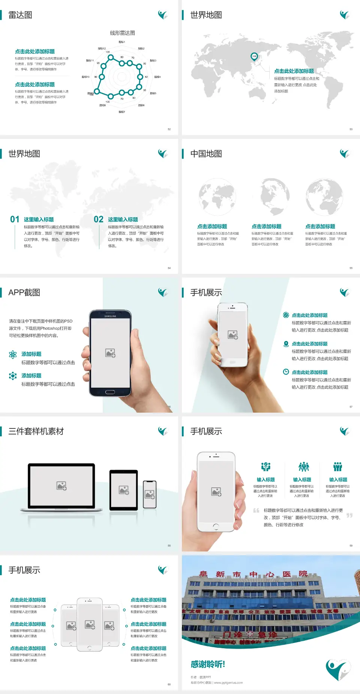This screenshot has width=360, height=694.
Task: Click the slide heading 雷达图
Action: tap(20, 15)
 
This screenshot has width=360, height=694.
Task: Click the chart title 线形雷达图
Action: tap(122, 33)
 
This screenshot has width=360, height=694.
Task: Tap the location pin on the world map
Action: tap(254, 57)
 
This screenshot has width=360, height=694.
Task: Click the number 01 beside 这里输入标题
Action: tap(15, 219)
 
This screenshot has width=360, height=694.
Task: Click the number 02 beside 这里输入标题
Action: tap(99, 219)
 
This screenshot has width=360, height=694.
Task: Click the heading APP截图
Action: tap(24, 293)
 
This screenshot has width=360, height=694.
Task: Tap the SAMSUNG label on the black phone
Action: tap(110, 316)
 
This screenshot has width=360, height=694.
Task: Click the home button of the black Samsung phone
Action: tap(110, 392)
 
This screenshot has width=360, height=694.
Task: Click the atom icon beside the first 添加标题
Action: tap(13, 355)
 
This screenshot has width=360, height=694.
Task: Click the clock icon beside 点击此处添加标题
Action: tap(286, 372)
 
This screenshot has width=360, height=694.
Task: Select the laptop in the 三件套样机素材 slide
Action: tap(61, 487)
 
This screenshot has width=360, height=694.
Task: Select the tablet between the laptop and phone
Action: tap(124, 490)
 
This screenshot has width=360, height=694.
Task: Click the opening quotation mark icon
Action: tap(256, 510)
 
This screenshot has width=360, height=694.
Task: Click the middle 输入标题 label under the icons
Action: tap(302, 480)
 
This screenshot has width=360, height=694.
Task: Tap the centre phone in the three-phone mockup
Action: tap(90, 624)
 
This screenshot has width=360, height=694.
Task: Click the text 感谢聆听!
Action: tap(208, 664)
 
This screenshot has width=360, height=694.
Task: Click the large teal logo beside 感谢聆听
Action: tap(337, 670)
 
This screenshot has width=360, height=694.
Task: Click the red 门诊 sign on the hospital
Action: tap(233, 635)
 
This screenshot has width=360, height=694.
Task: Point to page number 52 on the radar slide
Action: tap(169, 129)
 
